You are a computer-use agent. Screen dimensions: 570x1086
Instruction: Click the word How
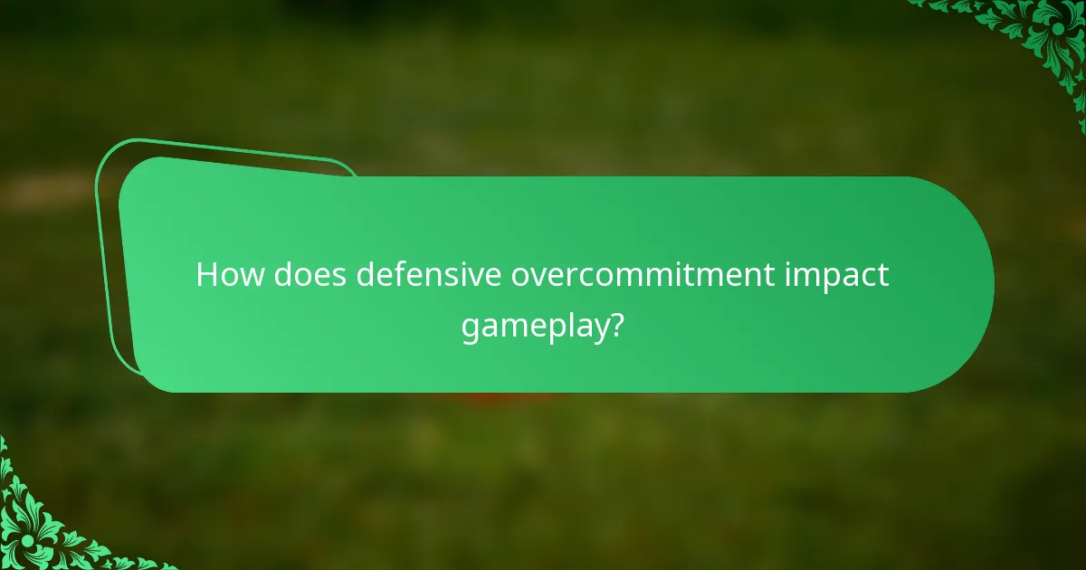click(x=225, y=275)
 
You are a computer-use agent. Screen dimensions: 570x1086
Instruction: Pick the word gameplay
click(x=531, y=327)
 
